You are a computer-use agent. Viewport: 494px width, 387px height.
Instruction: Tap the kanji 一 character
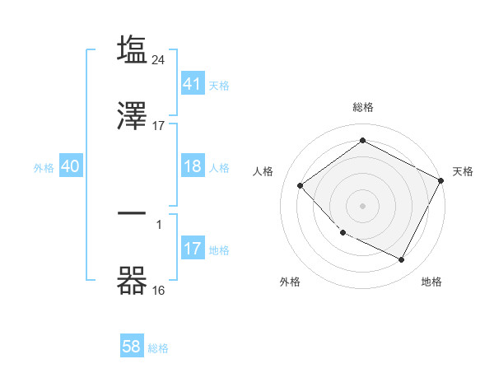click(133, 213)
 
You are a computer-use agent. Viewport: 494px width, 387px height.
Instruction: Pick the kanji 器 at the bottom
click(133, 281)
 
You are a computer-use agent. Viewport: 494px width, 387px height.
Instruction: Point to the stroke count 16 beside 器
click(159, 291)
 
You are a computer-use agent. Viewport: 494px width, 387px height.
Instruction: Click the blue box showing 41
click(193, 84)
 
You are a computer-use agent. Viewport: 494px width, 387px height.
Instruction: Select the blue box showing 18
click(193, 167)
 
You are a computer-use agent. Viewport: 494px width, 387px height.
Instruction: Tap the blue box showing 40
click(70, 167)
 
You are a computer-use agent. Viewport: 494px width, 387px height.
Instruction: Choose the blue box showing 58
click(132, 347)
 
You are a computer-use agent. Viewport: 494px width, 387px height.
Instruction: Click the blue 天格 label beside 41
click(219, 85)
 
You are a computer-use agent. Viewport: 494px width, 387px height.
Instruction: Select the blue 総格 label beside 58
click(158, 348)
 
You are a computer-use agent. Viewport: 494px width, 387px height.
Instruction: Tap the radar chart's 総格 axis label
click(362, 108)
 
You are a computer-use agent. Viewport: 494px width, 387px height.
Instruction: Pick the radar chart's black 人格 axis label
click(263, 171)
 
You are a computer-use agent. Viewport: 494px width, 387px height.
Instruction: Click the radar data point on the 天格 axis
click(441, 180)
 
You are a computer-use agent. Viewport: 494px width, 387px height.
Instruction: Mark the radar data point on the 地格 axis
click(402, 260)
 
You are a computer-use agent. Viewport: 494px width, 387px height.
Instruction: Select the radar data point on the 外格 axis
click(343, 232)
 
